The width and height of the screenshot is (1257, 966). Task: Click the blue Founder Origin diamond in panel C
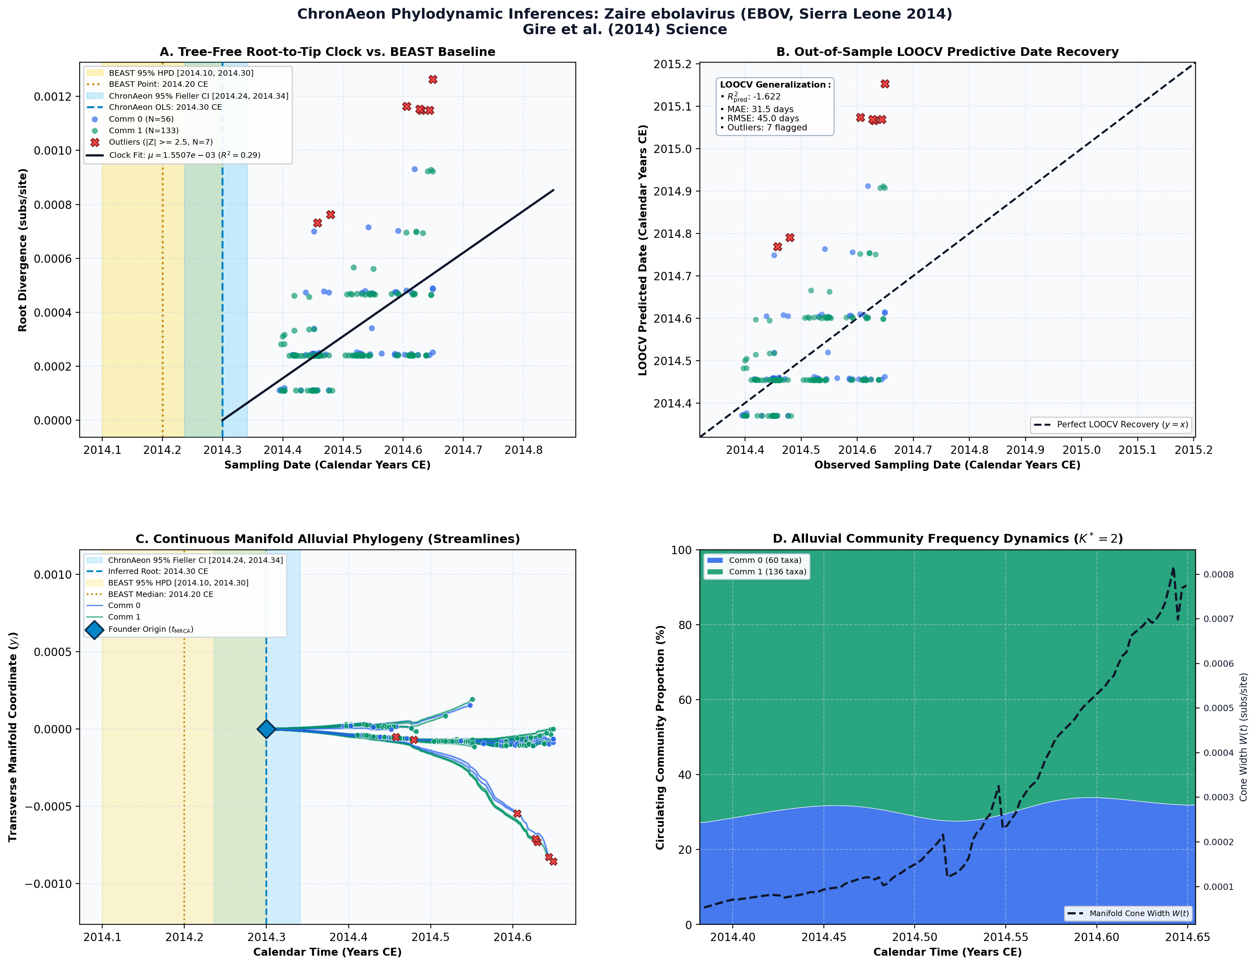pos(266,729)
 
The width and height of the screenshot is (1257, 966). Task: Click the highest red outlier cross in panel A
pos(433,79)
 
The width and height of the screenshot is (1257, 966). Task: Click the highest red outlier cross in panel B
pos(884,84)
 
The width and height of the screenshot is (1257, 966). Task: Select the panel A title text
pos(328,52)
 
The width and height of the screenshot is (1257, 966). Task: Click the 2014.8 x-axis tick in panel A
pos(523,450)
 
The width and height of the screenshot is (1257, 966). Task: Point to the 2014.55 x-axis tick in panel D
pos(1006,937)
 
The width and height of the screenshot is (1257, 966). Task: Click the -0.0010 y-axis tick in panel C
pos(48,884)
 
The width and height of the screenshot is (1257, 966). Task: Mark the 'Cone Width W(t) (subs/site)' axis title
pos(1243,737)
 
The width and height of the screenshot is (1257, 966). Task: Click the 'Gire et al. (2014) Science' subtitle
pos(625,29)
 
